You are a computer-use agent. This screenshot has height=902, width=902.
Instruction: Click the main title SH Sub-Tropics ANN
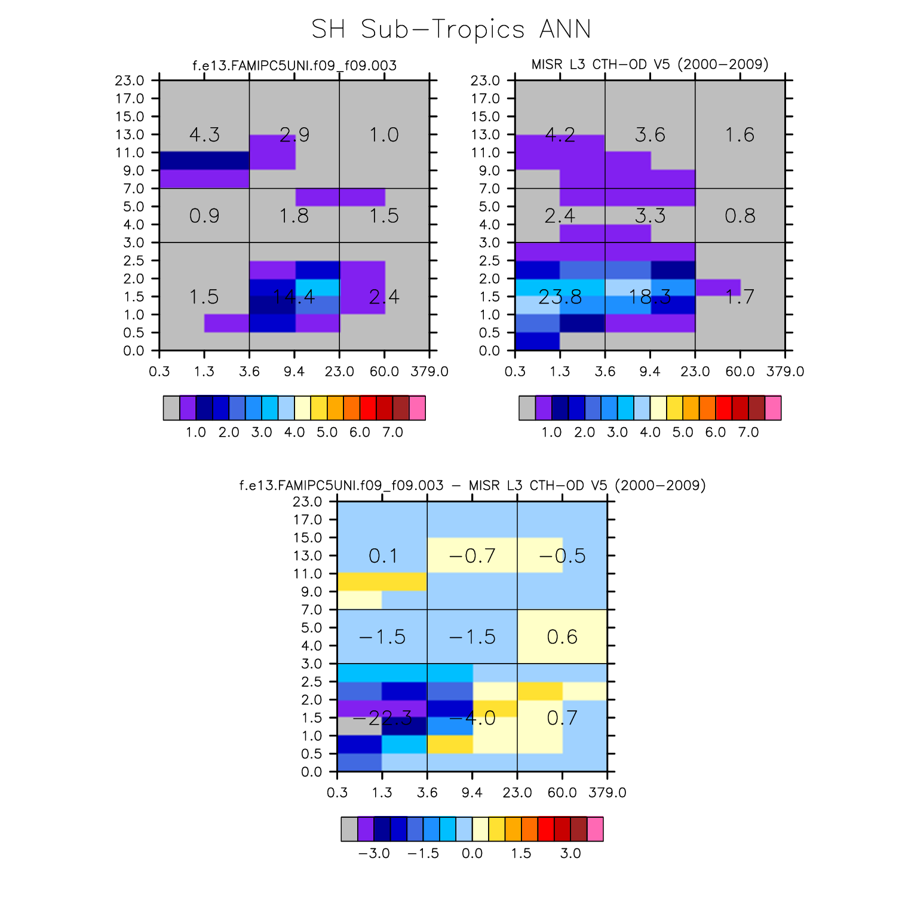tap(451, 29)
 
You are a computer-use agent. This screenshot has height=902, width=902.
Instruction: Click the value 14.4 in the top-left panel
tap(294, 297)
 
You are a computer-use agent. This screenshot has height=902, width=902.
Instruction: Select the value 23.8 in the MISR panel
tap(560, 297)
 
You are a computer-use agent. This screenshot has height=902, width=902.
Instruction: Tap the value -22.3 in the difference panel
tap(382, 718)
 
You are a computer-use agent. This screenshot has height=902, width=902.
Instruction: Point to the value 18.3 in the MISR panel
tap(650, 297)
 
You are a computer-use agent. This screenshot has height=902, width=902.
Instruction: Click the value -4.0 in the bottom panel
tap(472, 718)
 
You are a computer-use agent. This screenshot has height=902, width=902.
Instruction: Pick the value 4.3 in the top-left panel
tap(204, 135)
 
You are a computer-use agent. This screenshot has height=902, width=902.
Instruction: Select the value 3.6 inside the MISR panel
tap(650, 135)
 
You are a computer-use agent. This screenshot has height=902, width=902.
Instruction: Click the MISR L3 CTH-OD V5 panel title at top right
tap(650, 65)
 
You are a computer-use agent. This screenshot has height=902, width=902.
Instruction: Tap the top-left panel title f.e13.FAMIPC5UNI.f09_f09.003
tap(294, 66)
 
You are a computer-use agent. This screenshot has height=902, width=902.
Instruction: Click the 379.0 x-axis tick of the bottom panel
tap(608, 793)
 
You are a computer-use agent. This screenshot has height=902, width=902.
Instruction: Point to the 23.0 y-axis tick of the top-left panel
tap(130, 81)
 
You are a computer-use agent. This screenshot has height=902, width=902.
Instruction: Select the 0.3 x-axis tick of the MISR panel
tap(515, 372)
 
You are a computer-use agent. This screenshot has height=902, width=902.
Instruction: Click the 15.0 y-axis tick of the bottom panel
tap(308, 538)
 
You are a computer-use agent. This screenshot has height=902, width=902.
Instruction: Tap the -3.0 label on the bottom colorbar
tap(374, 853)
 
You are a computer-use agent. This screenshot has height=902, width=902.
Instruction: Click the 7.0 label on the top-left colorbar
tap(392, 432)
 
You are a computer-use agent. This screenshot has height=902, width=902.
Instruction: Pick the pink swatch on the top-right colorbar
tap(773, 408)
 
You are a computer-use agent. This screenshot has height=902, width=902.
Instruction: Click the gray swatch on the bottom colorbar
tap(349, 829)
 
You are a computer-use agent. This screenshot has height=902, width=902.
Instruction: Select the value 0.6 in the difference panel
tap(562, 637)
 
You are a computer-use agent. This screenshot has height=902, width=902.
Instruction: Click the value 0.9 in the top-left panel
tap(204, 216)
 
